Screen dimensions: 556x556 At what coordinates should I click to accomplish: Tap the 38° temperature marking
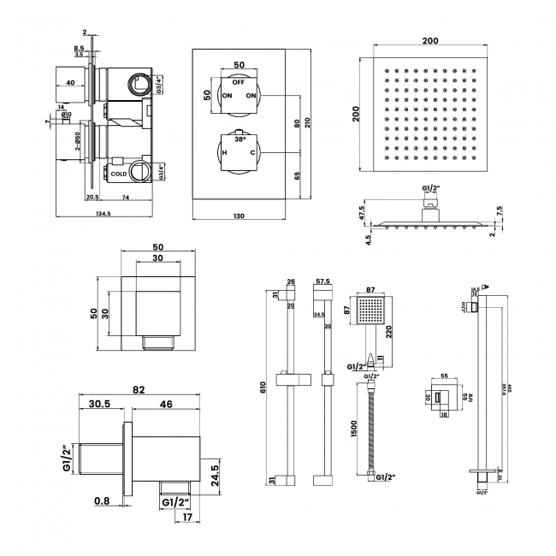coord(239,138)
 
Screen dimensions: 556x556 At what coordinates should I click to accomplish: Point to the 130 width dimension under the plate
coord(240,216)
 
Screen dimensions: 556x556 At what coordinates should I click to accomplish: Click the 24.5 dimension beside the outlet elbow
coord(226,470)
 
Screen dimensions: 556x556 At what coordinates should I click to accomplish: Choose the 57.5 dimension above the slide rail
coord(323,281)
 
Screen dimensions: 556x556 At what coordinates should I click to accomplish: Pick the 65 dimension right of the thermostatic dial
coord(296,178)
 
